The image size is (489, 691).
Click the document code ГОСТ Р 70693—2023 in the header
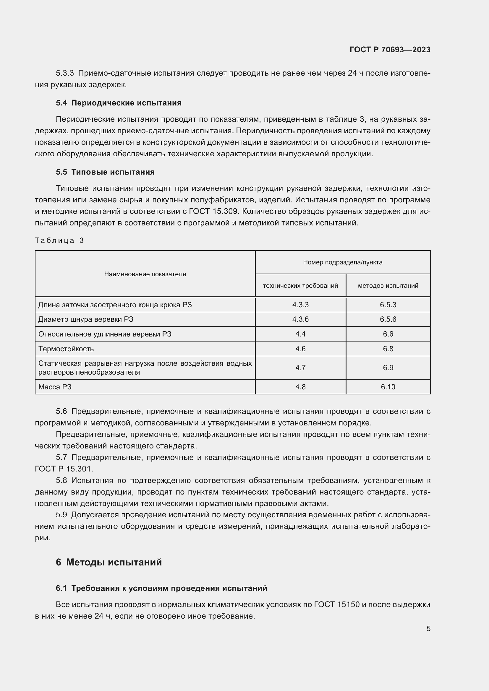click(x=390, y=50)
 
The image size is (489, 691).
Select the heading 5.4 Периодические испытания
click(x=119, y=103)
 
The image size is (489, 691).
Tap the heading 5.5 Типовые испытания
click(x=105, y=172)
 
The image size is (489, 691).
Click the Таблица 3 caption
click(x=59, y=240)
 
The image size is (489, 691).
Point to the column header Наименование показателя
click(x=145, y=274)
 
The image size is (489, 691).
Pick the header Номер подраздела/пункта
click(x=343, y=262)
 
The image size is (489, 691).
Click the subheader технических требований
click(x=300, y=286)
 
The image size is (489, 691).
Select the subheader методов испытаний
click(x=388, y=286)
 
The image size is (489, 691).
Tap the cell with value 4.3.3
click(x=300, y=305)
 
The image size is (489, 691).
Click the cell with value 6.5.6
click(x=388, y=319)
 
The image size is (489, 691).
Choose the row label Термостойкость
click(x=66, y=349)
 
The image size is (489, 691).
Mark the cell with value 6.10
click(x=388, y=387)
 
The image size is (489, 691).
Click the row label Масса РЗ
click(x=55, y=387)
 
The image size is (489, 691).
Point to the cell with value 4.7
click(x=300, y=368)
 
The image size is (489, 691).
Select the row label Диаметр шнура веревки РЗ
click(x=85, y=319)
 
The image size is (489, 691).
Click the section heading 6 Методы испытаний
click(x=109, y=562)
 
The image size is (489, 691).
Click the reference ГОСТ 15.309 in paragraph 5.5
click(x=214, y=211)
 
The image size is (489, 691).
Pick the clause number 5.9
click(x=61, y=515)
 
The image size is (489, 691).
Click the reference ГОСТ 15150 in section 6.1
click(x=337, y=605)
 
